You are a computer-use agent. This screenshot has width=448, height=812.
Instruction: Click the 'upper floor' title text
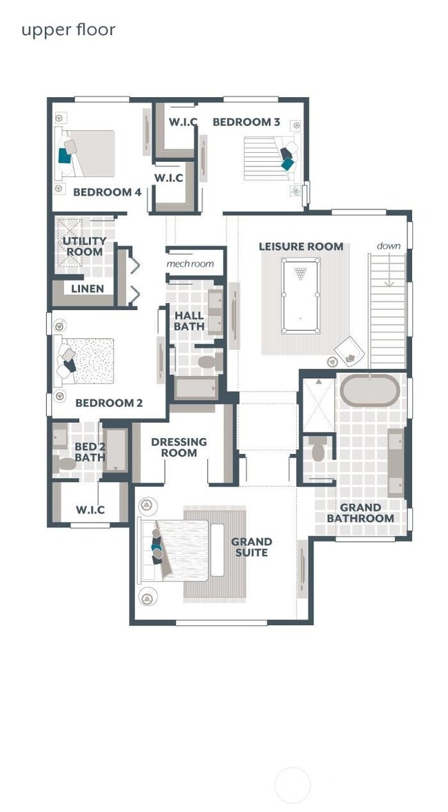click(68, 30)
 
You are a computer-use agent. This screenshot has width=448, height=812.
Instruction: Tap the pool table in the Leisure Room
click(301, 295)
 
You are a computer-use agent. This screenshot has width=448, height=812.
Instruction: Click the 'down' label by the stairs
click(388, 246)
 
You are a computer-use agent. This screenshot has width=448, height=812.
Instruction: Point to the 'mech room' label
click(190, 264)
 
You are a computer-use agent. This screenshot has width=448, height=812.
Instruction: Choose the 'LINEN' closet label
click(88, 289)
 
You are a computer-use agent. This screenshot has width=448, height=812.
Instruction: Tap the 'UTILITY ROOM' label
click(84, 247)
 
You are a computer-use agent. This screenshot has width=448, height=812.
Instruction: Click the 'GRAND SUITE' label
click(252, 547)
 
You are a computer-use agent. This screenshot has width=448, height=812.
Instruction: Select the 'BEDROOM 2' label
click(109, 403)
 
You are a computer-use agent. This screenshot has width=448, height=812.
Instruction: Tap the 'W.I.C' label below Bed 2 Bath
click(90, 510)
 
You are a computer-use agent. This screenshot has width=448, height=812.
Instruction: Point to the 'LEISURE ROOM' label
click(301, 246)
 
